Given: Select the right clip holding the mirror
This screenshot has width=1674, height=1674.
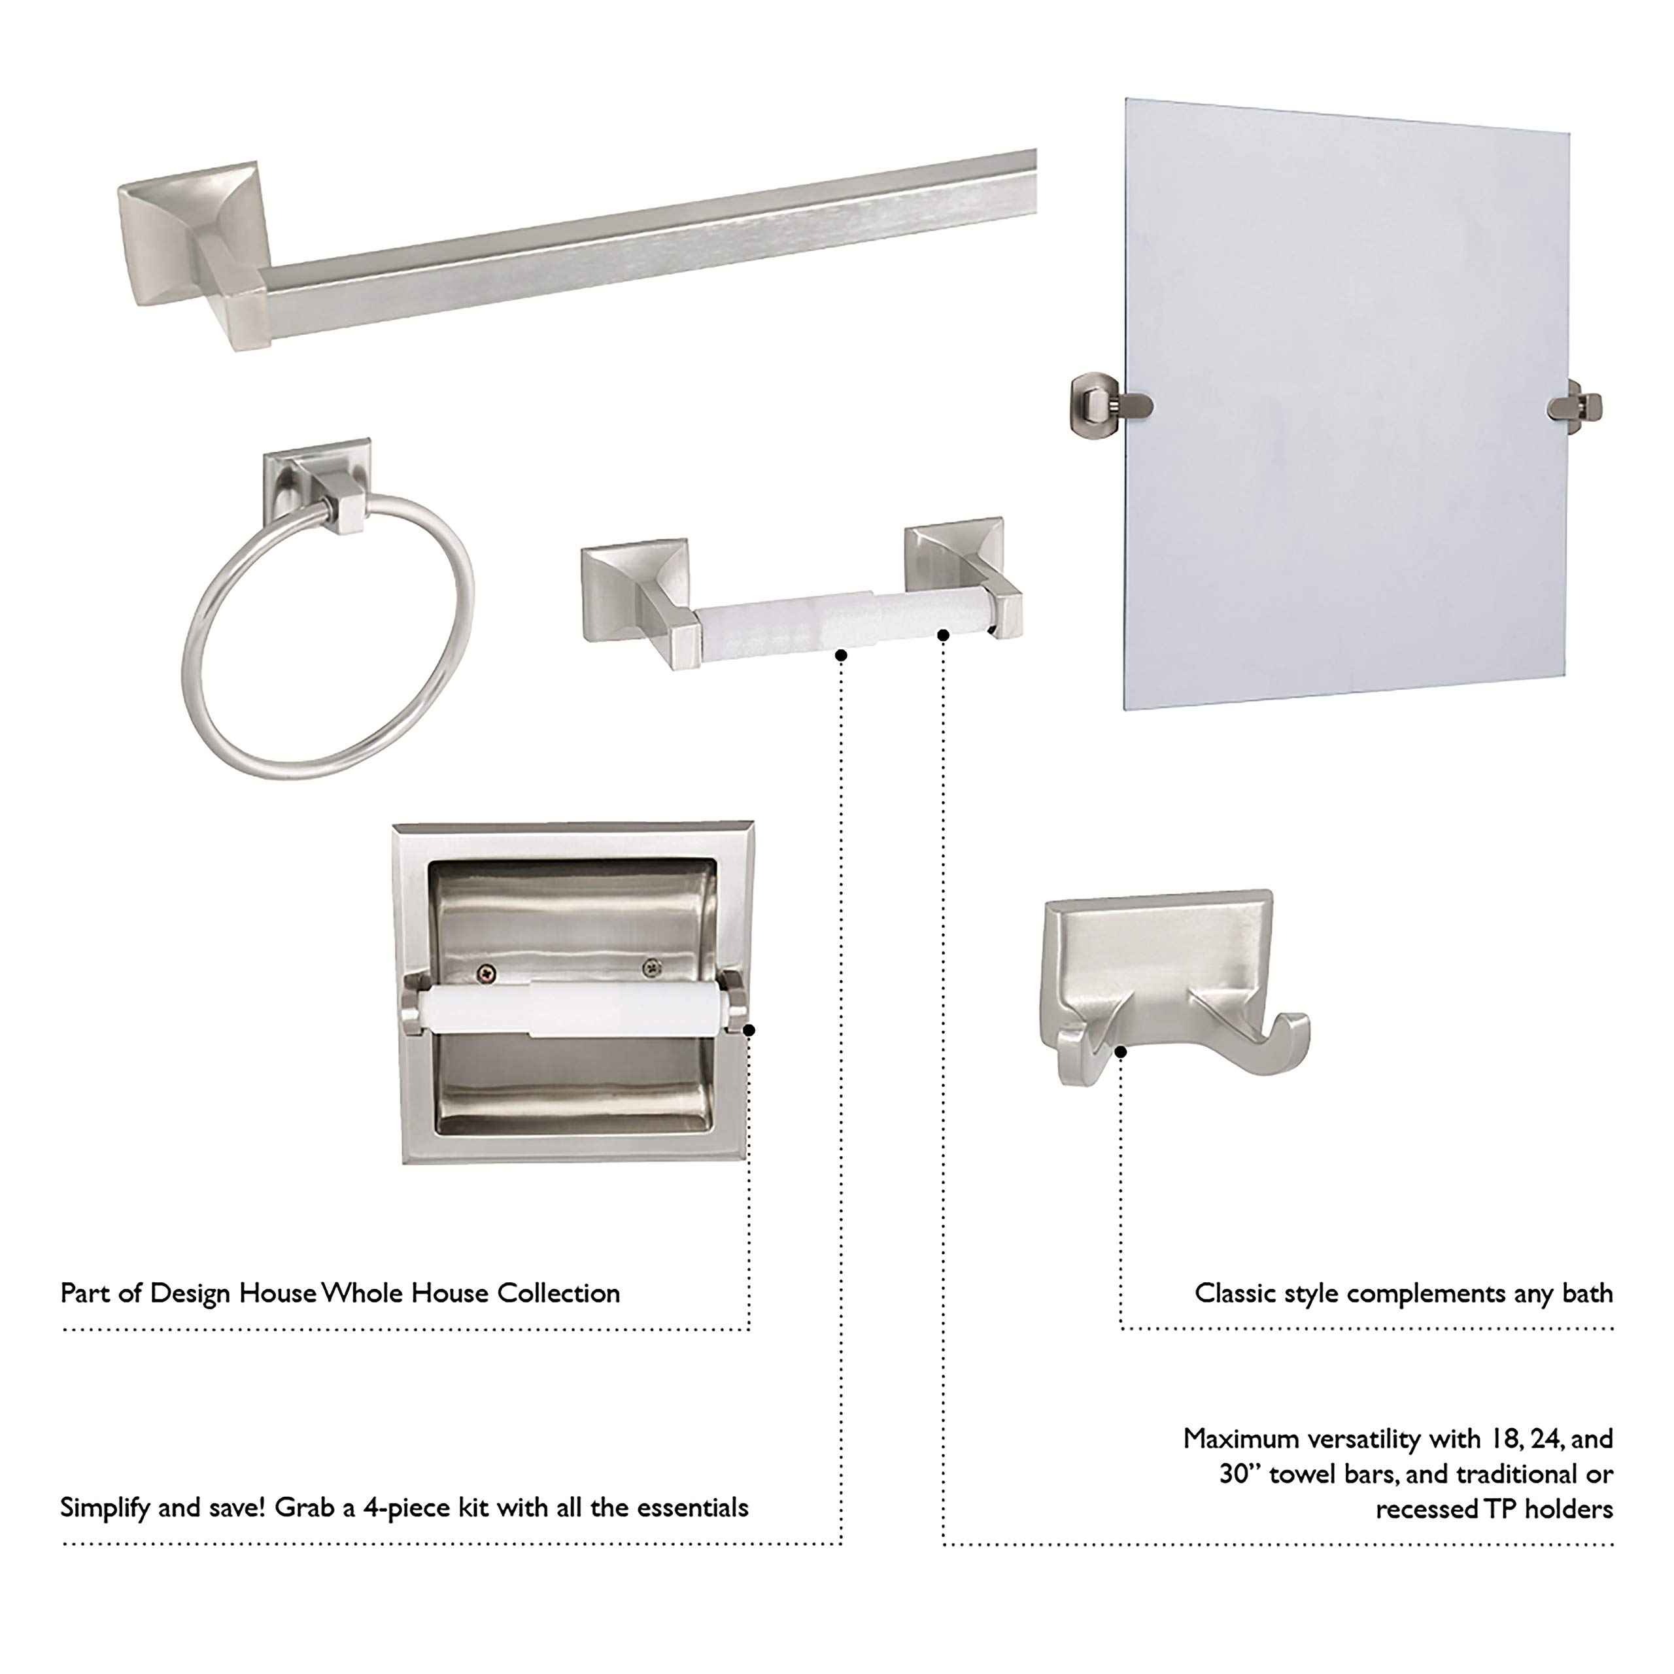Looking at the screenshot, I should tap(1577, 406).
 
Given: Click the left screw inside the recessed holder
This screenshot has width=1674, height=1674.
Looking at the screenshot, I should tap(488, 974).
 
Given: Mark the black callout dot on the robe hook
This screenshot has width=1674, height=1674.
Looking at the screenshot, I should tap(1120, 1052).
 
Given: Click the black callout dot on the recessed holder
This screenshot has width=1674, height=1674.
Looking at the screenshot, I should tap(749, 1029).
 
